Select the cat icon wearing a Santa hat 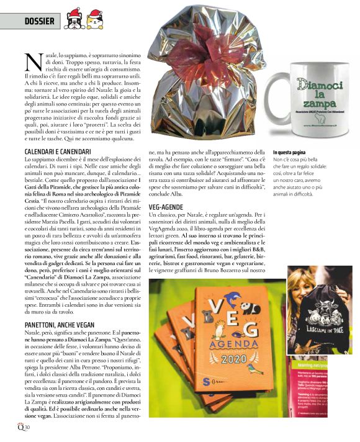[x=94, y=20]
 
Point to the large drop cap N [x=34, y=61]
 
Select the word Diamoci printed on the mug [x=319, y=85]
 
